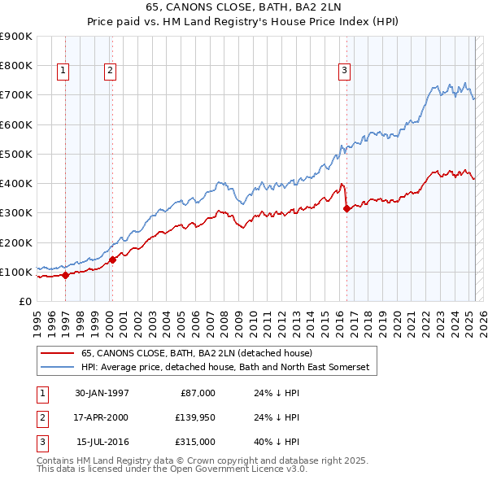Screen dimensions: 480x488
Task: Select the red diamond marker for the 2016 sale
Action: [347, 208]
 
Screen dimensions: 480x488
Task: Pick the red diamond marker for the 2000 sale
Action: [113, 260]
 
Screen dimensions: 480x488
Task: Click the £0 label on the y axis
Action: [24, 301]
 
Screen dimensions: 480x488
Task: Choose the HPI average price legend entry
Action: [224, 368]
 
